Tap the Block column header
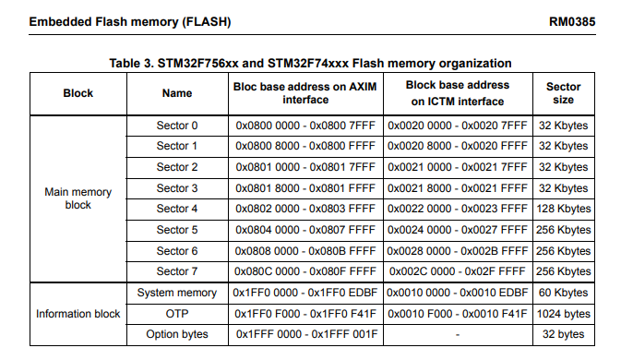[78, 93]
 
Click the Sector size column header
[563, 93]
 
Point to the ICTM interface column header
[458, 93]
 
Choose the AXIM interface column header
[305, 93]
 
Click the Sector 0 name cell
[177, 126]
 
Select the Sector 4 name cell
[177, 209]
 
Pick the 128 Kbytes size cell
[563, 209]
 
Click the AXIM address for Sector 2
[305, 167]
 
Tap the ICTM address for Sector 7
[458, 271]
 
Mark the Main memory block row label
[78, 198]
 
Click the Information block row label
[78, 314]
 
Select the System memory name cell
[177, 294]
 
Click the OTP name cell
[177, 314]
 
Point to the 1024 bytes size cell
[563, 314]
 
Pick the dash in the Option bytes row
[458, 334]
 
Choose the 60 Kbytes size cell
[563, 294]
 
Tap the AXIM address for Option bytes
[305, 334]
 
